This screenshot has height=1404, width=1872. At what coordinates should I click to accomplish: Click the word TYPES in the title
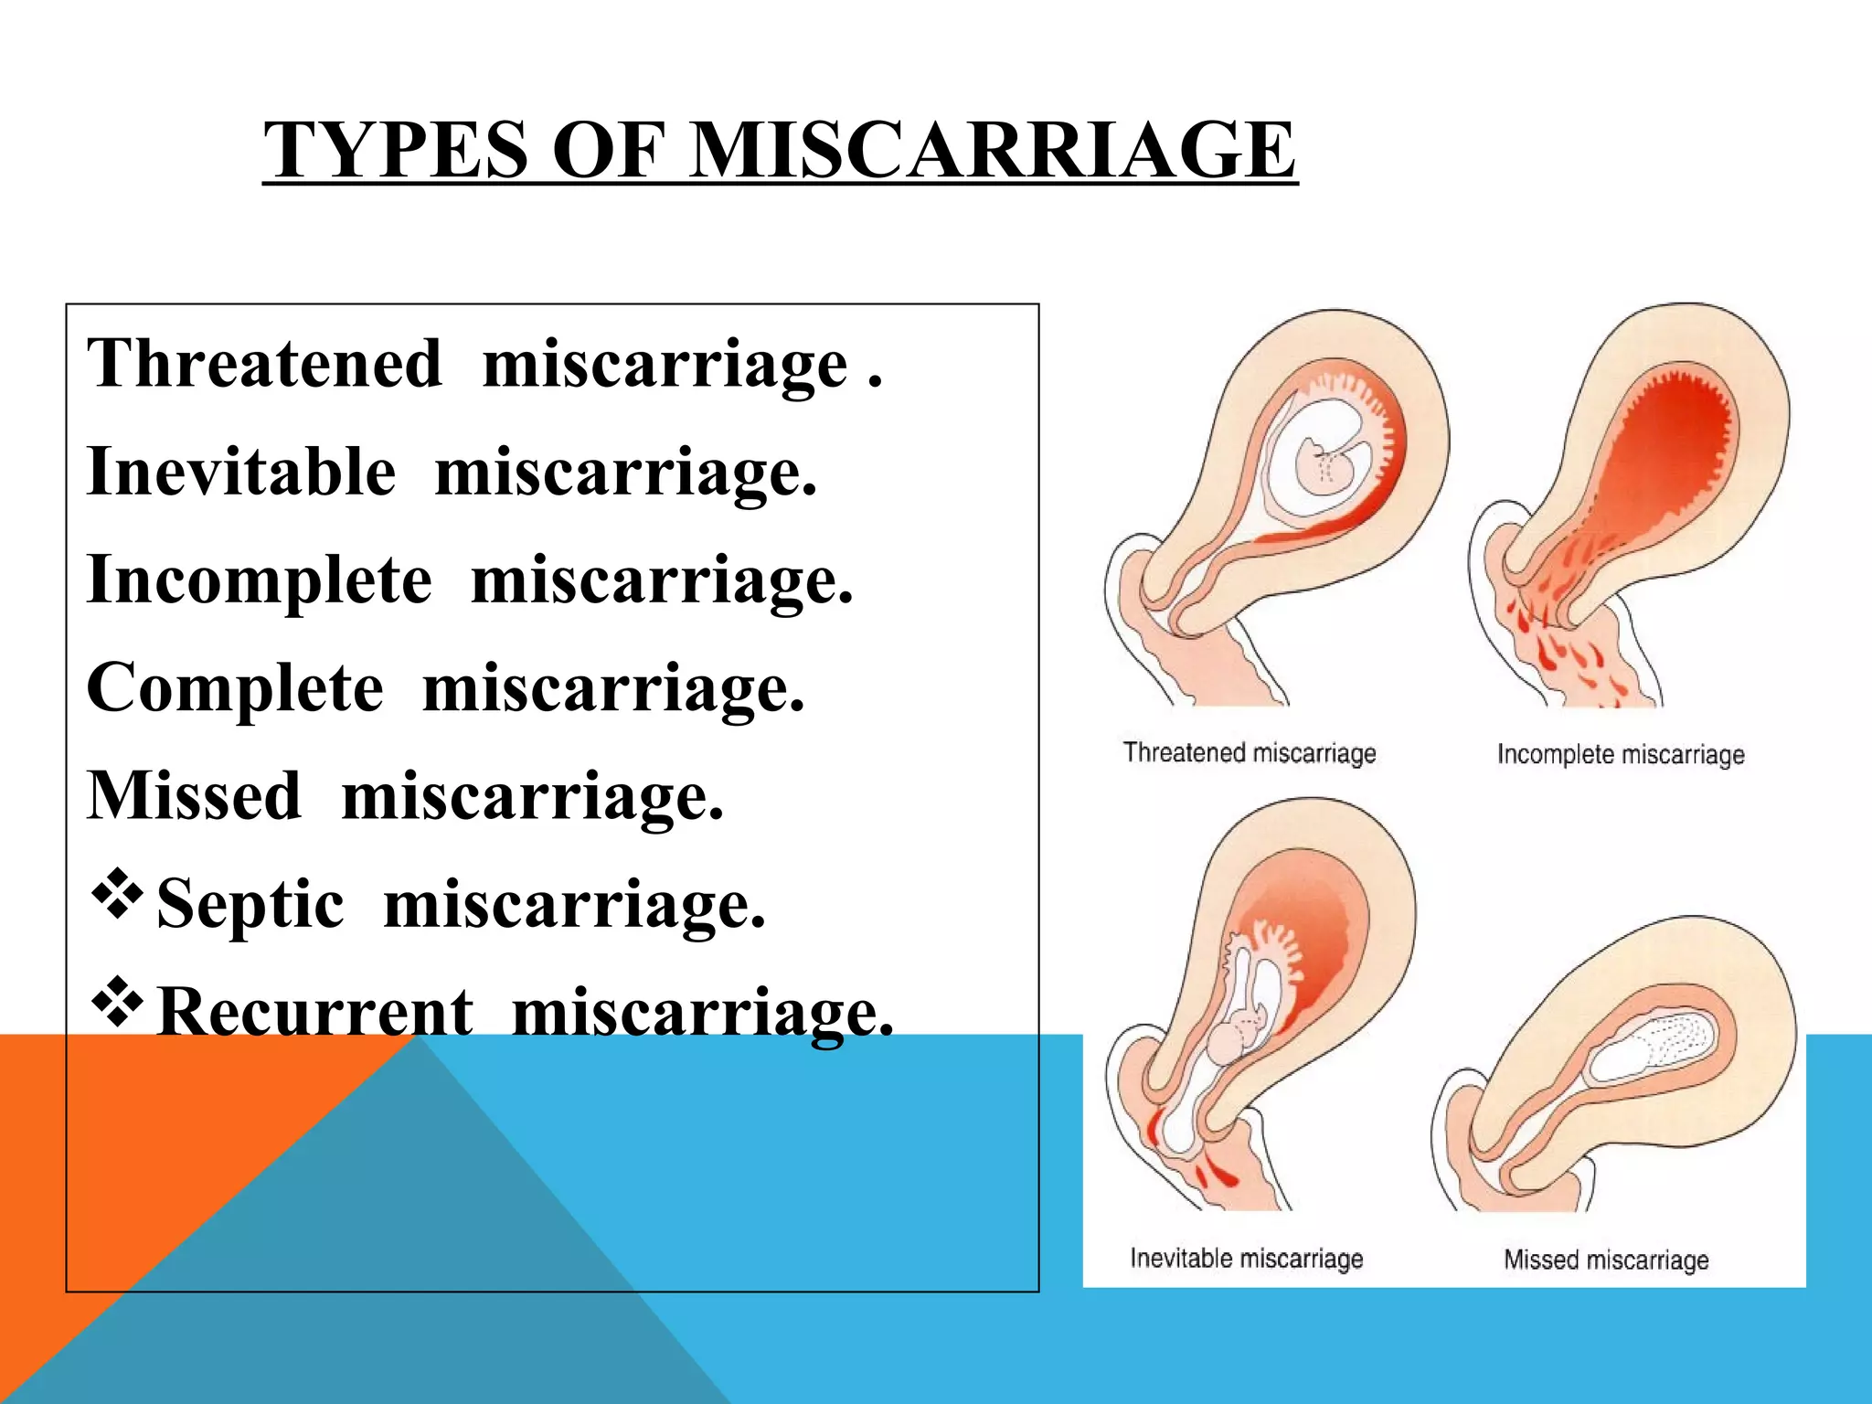(396, 151)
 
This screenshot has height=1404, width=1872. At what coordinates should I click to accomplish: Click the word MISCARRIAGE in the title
(991, 151)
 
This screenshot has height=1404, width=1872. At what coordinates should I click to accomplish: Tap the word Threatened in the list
(264, 364)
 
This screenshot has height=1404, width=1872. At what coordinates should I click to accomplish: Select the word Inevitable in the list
(241, 473)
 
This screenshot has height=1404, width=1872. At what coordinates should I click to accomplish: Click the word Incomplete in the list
(259, 580)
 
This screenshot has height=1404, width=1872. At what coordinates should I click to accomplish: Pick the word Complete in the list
(235, 688)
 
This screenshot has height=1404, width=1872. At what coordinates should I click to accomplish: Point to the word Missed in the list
(194, 796)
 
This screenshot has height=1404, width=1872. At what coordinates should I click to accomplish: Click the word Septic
(250, 905)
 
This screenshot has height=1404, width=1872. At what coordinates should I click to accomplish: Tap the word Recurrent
(315, 1013)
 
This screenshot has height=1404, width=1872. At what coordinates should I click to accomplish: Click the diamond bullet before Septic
(117, 895)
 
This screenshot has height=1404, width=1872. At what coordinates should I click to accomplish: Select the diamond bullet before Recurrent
(117, 1003)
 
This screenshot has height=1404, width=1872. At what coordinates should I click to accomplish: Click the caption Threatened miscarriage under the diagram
(1250, 753)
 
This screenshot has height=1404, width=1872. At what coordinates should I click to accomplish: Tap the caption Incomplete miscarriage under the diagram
(1621, 755)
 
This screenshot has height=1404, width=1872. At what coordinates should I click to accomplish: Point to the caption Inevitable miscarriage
(1246, 1259)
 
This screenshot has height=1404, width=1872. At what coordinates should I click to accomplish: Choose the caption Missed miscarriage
(1606, 1260)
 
